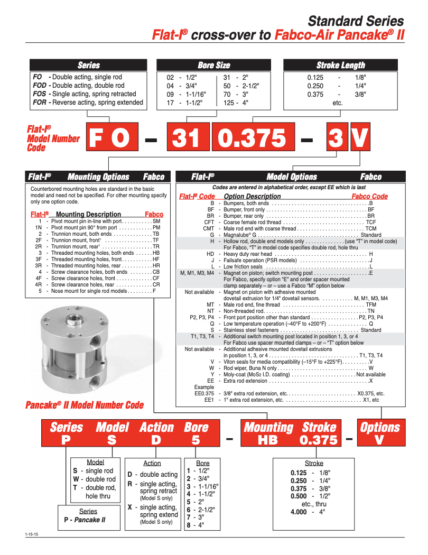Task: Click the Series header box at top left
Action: [88, 66]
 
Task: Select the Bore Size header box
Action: [214, 66]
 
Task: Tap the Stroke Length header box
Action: [341, 66]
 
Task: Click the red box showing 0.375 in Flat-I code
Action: [252, 138]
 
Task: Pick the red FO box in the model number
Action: [109, 138]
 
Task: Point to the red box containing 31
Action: [187, 138]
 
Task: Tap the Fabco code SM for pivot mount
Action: [156, 221]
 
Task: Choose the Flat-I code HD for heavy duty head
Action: [210, 254]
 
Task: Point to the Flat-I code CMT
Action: [209, 229]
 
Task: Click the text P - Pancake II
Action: [85, 520]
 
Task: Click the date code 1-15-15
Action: [32, 535]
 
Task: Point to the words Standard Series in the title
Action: [356, 21]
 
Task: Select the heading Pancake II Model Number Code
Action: [85, 405]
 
